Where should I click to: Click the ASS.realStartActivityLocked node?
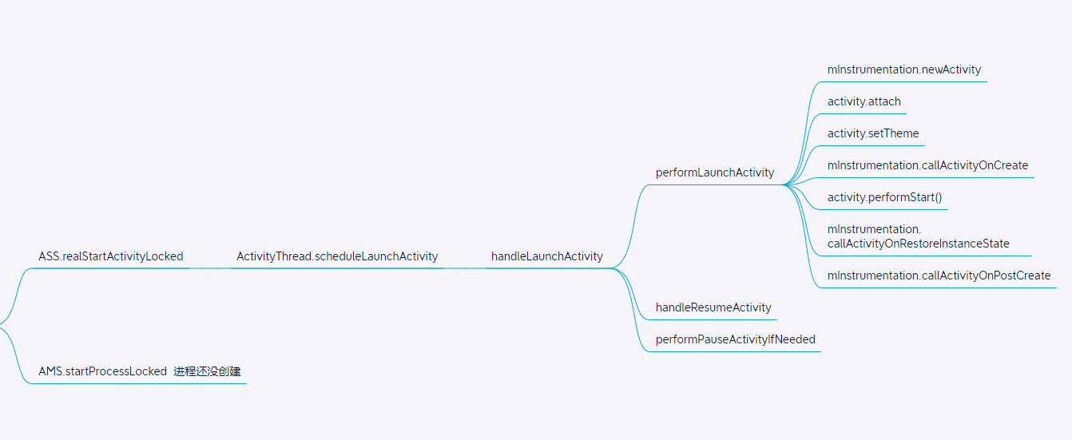click(x=111, y=256)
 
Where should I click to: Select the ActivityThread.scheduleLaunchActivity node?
click(x=337, y=256)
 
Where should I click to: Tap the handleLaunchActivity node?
click(x=547, y=256)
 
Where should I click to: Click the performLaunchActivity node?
click(x=715, y=172)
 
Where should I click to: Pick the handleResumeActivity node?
click(x=713, y=307)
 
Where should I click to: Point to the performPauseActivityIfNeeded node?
click(x=736, y=339)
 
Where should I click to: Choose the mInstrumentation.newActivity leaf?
click(x=904, y=69)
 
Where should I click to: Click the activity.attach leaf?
click(x=864, y=101)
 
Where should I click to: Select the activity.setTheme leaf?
click(x=873, y=133)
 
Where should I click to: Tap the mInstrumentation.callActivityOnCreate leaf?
click(x=927, y=165)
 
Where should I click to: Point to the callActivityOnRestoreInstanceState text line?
click(x=919, y=244)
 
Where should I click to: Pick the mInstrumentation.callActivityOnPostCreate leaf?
click(x=939, y=275)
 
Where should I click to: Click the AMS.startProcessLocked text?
click(x=103, y=371)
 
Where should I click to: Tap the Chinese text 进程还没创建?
click(x=207, y=371)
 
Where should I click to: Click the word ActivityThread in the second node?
click(x=273, y=256)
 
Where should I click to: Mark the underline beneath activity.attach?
click(x=867, y=113)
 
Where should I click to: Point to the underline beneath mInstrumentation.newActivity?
click(x=907, y=81)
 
